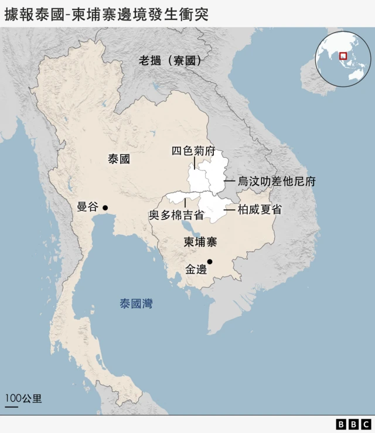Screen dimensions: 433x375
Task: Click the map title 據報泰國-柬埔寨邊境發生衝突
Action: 106,14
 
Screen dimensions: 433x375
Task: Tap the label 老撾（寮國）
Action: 170,60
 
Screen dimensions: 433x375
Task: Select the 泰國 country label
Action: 119,159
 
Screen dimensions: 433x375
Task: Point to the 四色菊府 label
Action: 193,151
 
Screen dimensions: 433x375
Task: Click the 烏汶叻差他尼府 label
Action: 277,181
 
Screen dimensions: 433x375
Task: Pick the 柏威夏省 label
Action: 260,209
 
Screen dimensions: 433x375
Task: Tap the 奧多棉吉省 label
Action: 176,215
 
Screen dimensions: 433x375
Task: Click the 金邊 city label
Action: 196,270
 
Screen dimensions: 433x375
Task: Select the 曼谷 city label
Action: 88,207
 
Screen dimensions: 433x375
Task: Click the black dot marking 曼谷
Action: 105,207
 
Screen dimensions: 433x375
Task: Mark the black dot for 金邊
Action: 210,262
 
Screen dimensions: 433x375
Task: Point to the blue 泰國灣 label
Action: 136,304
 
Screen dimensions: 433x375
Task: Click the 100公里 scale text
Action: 23,399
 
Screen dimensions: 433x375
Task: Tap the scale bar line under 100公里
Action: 12,406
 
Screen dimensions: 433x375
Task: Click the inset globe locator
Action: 343,59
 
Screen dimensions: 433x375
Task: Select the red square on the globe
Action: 343,56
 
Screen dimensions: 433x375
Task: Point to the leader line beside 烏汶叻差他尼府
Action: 229,181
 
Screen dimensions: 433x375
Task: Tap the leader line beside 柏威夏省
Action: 229,209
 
